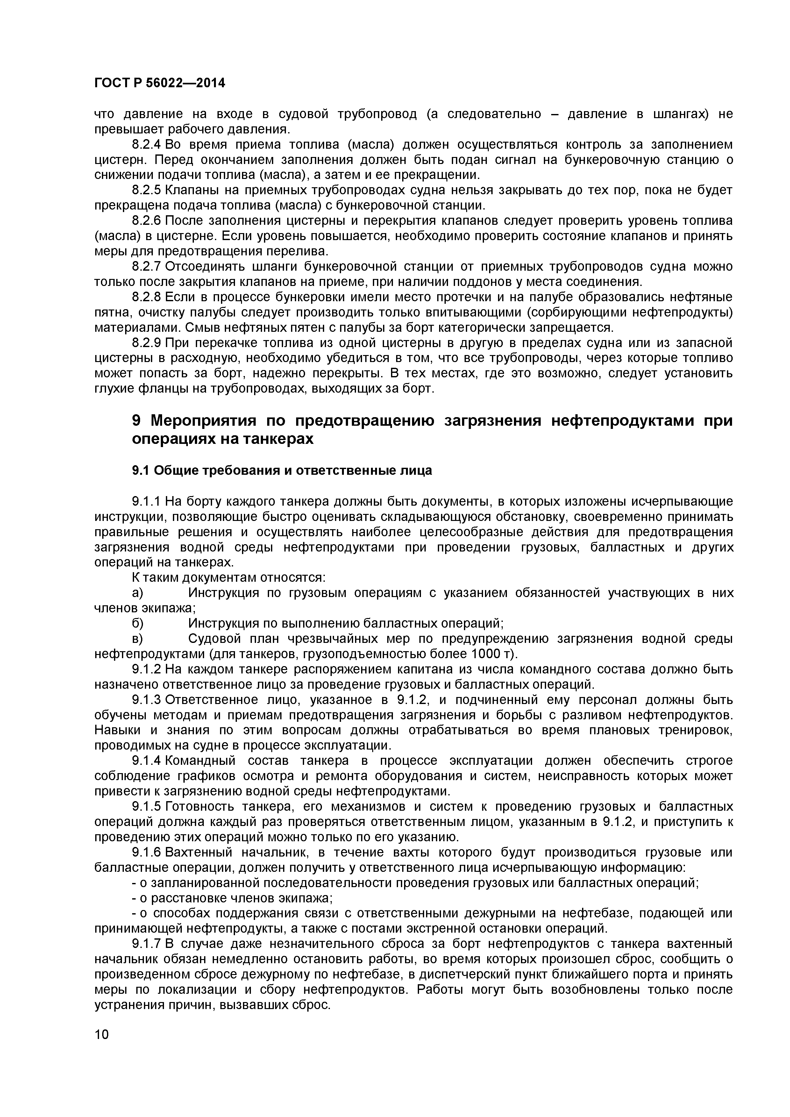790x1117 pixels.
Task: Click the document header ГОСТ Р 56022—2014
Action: [x=160, y=83]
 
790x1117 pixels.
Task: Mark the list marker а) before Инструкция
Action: [x=137, y=593]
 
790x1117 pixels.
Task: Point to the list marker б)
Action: [x=137, y=623]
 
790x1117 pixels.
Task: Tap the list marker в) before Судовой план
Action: [x=137, y=638]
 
